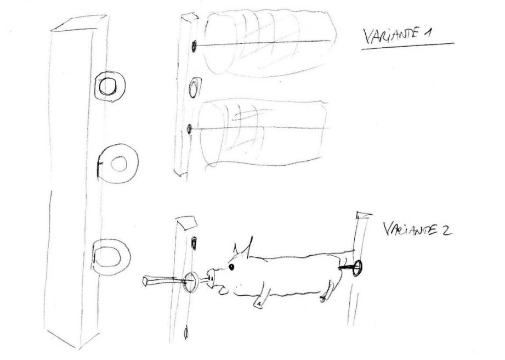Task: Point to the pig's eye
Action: pos(231,267)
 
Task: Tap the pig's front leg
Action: pos(263,296)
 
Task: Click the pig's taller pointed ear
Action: pos(248,248)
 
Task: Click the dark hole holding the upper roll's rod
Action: pos(194,47)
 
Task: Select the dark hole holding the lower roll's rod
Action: pos(189,129)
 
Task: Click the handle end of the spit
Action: pos(145,281)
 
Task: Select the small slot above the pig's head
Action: pos(194,243)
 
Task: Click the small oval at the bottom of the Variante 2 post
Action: pos(186,333)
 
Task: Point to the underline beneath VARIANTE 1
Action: pos(408,46)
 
